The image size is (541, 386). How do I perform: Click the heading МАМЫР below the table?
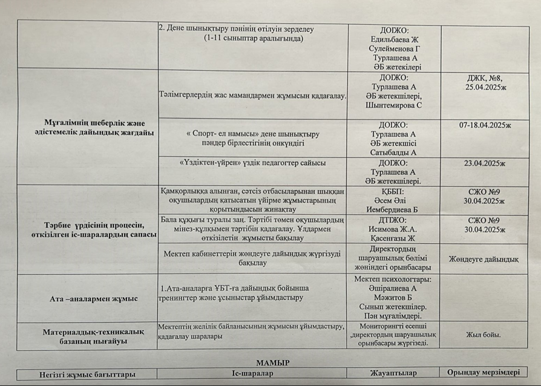[272, 362]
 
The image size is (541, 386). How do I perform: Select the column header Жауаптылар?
[395, 373]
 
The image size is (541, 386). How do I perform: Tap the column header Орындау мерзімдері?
[484, 372]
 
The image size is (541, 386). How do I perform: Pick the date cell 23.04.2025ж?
[485, 163]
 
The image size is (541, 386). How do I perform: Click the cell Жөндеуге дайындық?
[484, 260]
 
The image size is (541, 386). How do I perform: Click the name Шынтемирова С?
[394, 105]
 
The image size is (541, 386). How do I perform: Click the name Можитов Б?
[393, 298]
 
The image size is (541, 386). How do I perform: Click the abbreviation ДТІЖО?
[393, 220]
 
